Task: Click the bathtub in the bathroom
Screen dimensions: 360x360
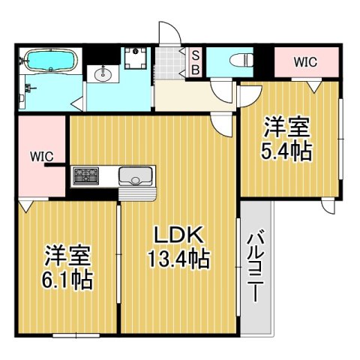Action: pyautogui.click(x=51, y=60)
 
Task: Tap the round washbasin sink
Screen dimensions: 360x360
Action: pyautogui.click(x=103, y=74)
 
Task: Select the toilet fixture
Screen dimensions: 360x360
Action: pyautogui.click(x=241, y=61)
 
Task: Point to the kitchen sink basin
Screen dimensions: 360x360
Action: pyautogui.click(x=136, y=176)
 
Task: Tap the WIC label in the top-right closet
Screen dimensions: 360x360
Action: pyautogui.click(x=305, y=62)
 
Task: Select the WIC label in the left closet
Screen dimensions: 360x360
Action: pyautogui.click(x=42, y=157)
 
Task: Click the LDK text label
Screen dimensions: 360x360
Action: pyautogui.click(x=178, y=235)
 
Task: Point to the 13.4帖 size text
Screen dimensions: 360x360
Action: pyautogui.click(x=178, y=259)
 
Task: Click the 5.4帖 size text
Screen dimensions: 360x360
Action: pyautogui.click(x=286, y=151)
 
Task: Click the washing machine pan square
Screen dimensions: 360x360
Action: pyautogui.click(x=136, y=58)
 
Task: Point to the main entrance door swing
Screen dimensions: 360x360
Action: pyautogui.click(x=169, y=33)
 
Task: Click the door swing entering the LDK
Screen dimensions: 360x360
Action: pyautogui.click(x=221, y=124)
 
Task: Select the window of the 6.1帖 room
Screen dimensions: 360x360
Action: pyautogui.click(x=76, y=335)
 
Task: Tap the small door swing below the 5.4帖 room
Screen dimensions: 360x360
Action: pyautogui.click(x=328, y=206)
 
